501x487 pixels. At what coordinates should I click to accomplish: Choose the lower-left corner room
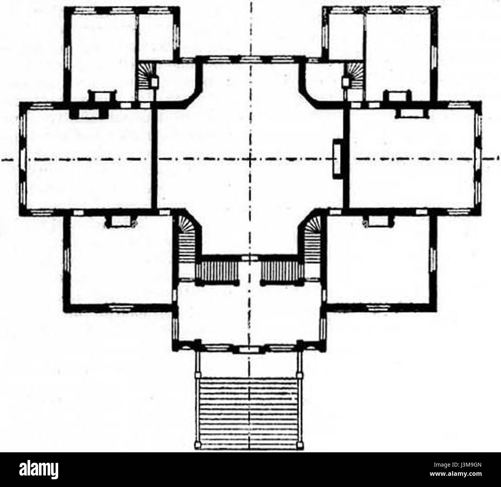point(121,260)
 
